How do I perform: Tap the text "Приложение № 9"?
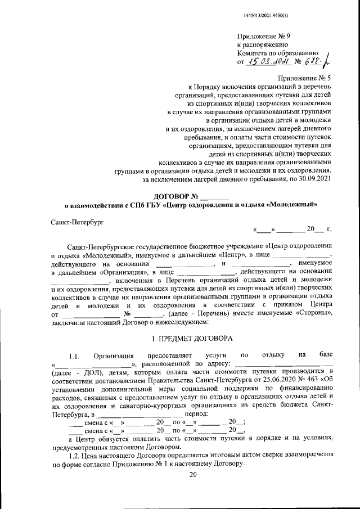pos(263,37)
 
